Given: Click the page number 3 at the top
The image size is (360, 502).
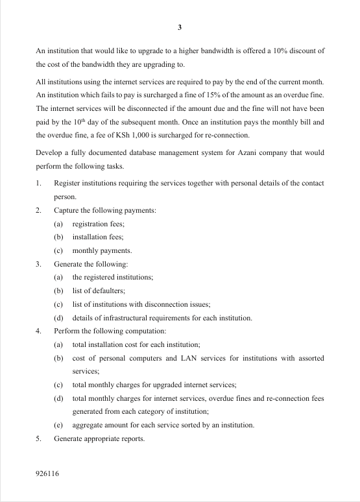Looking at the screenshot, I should tap(180, 27).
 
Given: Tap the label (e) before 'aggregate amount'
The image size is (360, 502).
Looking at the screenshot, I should tap(58, 425).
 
